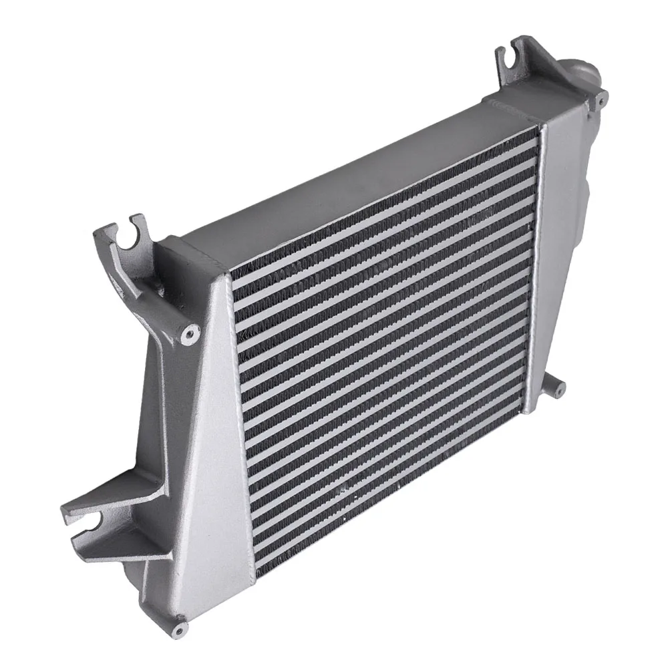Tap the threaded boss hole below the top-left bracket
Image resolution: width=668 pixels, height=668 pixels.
(x=191, y=329)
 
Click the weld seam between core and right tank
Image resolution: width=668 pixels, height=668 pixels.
(x=532, y=267)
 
